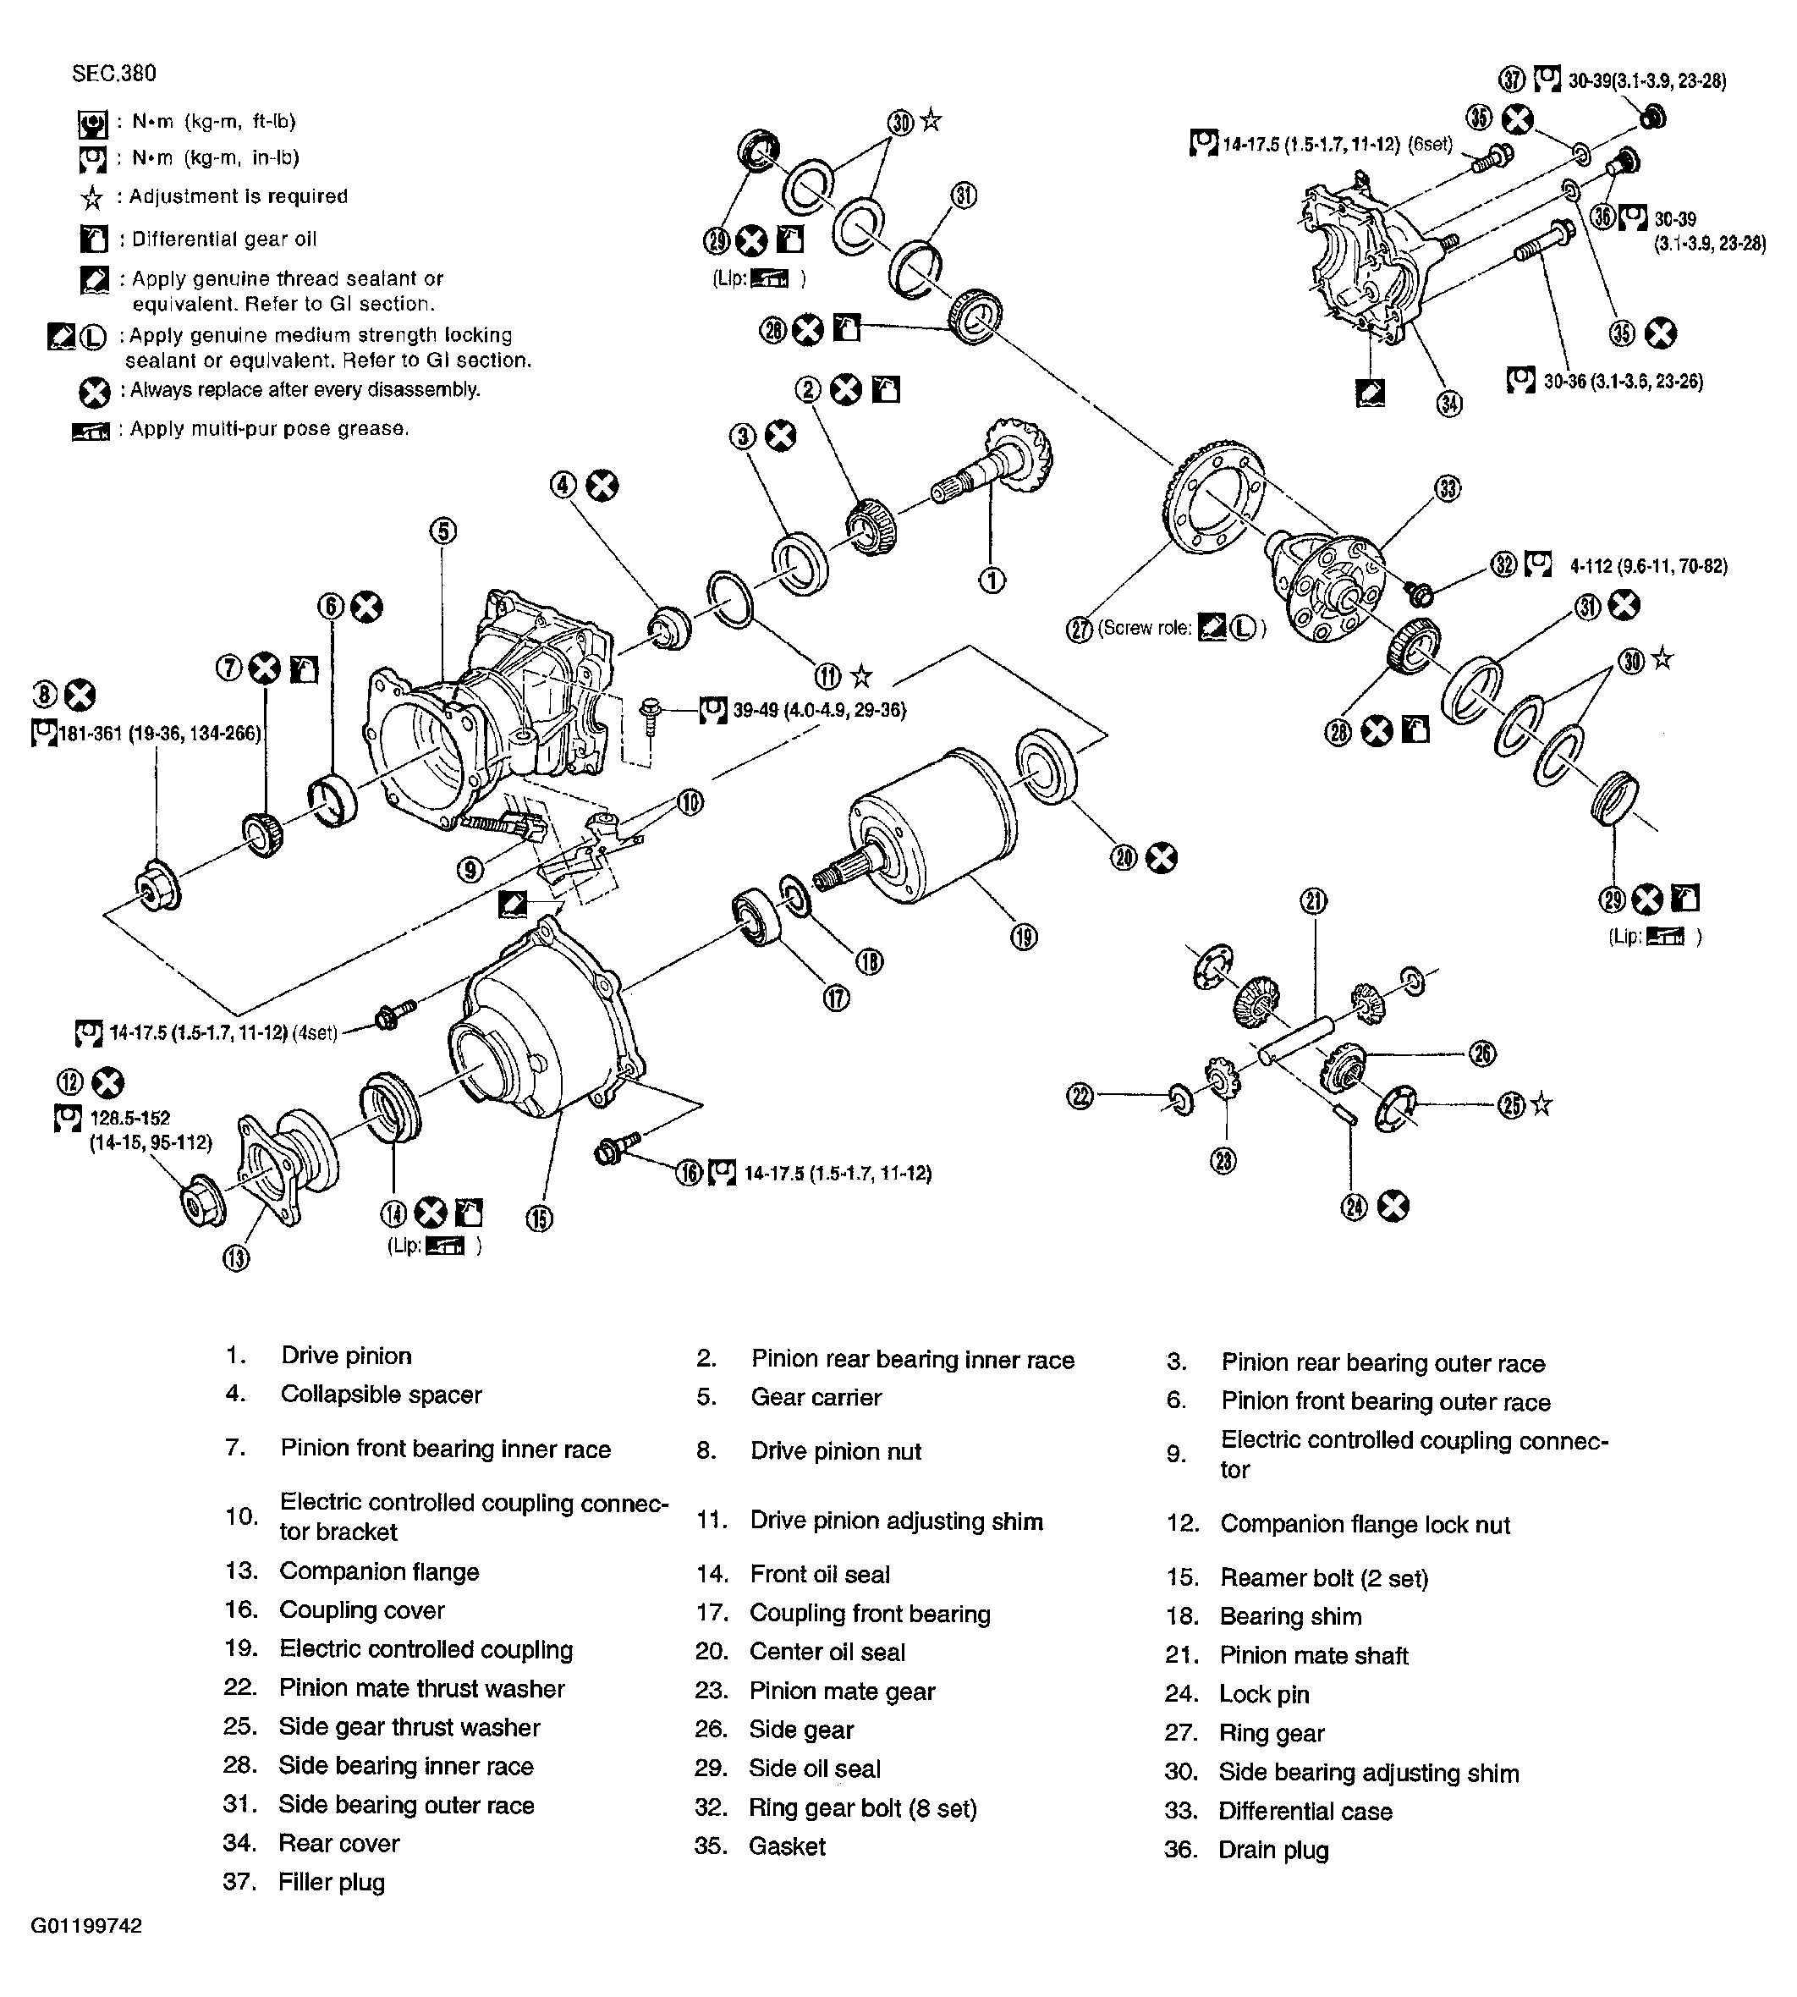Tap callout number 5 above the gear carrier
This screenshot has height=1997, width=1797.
442,531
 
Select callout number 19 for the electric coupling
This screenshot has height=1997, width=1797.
1024,936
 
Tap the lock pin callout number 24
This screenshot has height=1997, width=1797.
1354,1206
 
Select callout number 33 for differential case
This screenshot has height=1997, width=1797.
1448,488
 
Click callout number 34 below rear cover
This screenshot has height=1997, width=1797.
1448,404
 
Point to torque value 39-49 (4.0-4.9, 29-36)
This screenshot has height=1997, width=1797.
818,710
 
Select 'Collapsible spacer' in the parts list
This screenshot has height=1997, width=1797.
381,1395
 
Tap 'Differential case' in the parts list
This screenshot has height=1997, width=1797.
1305,1812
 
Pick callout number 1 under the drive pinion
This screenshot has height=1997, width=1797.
992,580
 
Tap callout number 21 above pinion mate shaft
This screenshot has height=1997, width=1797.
1313,900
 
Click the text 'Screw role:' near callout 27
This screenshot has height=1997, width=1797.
1146,628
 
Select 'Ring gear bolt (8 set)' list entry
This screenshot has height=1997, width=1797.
862,1808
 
